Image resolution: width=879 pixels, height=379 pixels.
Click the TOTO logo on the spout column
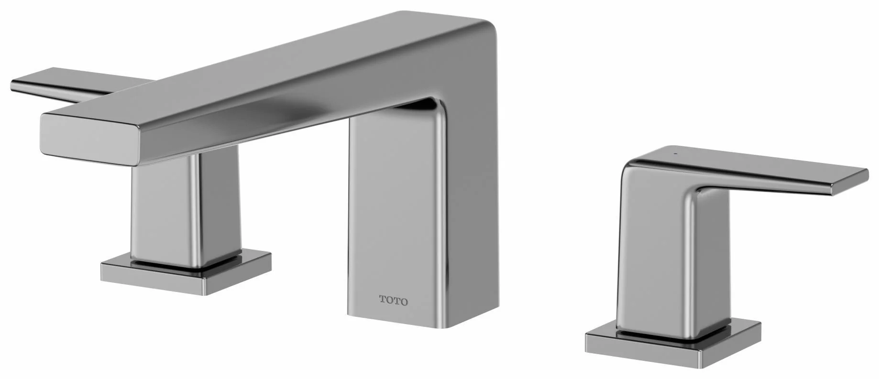(394, 301)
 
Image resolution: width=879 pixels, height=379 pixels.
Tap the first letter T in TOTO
(383, 301)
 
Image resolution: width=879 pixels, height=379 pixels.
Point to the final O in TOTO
(404, 301)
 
